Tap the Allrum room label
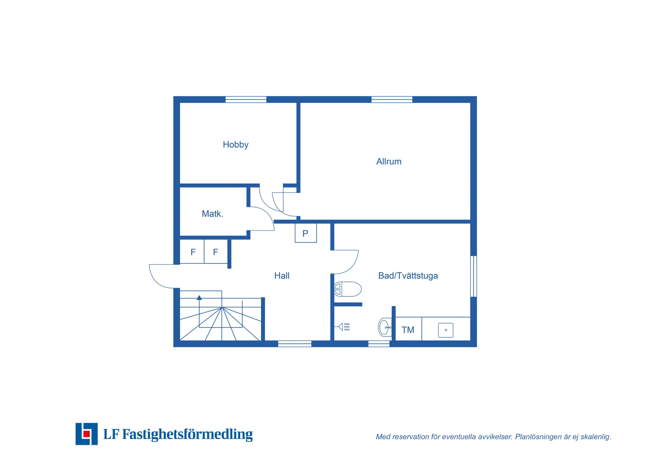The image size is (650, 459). click(x=389, y=161)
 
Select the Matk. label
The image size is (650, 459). click(x=212, y=214)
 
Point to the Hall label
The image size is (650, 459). click(x=282, y=276)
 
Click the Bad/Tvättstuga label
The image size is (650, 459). click(x=408, y=276)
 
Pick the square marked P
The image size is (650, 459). click(x=306, y=233)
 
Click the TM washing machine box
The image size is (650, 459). click(x=408, y=329)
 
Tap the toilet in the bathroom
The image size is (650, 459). click(x=347, y=289)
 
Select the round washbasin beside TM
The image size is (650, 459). click(x=385, y=327)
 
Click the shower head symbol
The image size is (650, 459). click(x=344, y=327)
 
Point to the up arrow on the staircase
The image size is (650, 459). click(x=199, y=298)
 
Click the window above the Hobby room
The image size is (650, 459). click(x=246, y=100)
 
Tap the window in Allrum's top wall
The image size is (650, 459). click(x=392, y=100)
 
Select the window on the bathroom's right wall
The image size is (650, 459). click(x=473, y=276)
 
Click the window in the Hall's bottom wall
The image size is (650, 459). click(x=295, y=344)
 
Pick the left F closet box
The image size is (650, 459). click(x=192, y=252)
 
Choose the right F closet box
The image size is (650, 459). click(x=215, y=252)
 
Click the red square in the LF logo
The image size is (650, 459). click(x=86, y=434)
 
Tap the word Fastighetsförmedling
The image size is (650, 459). click(x=187, y=434)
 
